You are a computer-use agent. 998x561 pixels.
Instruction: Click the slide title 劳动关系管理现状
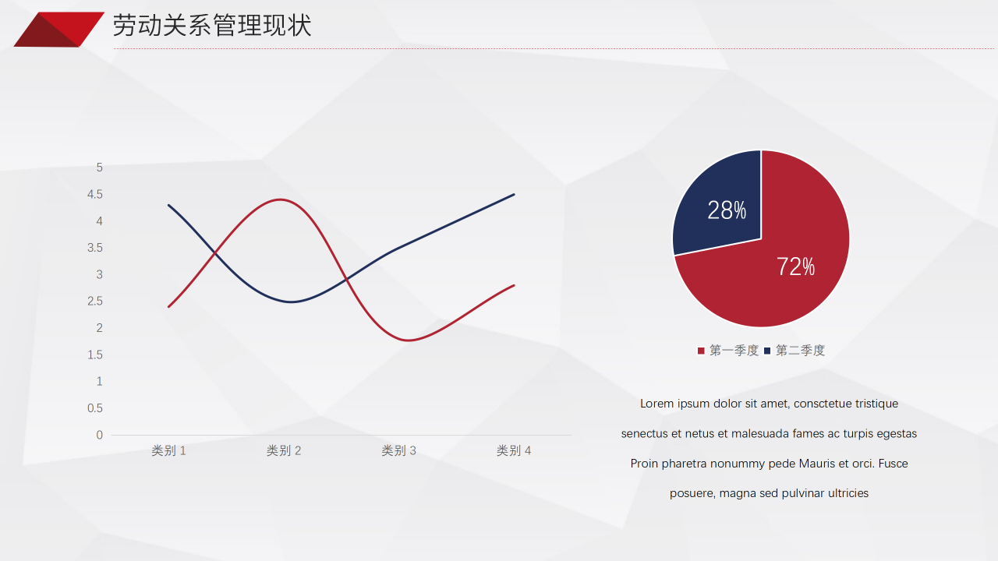click(x=212, y=26)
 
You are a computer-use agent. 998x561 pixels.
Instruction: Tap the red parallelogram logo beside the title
click(x=58, y=30)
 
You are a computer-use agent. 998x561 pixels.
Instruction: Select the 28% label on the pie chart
click(x=727, y=210)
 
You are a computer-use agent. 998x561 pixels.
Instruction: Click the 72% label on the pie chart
click(x=795, y=266)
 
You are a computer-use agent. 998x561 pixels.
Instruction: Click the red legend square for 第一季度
click(x=701, y=351)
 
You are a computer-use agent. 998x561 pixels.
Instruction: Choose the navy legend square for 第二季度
click(x=767, y=351)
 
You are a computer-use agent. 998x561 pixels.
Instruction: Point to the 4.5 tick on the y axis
click(x=95, y=195)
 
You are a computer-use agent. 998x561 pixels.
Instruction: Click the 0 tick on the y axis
click(x=99, y=435)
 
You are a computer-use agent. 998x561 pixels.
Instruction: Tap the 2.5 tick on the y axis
click(x=95, y=302)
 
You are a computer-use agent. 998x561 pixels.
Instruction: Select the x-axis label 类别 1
click(x=168, y=450)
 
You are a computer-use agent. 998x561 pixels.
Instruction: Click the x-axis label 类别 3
click(x=398, y=450)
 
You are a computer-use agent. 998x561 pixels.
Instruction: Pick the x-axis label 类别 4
click(x=514, y=450)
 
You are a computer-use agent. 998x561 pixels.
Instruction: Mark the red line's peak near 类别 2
click(x=280, y=199)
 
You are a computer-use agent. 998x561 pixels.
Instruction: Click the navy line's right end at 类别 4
click(x=514, y=195)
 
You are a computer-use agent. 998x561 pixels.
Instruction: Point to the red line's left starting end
click(x=169, y=307)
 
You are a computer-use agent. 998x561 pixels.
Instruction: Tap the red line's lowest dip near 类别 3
click(x=409, y=340)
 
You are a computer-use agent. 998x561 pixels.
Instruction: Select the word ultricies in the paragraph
click(x=848, y=493)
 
